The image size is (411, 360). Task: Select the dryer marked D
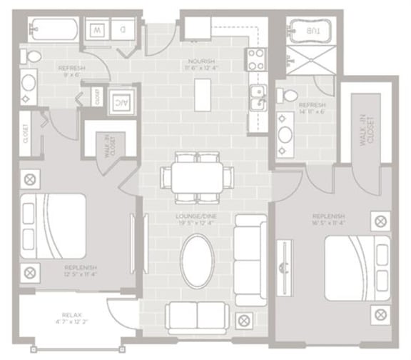(123, 31)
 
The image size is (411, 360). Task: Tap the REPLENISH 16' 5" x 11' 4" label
(329, 220)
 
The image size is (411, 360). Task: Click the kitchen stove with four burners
(255, 61)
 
